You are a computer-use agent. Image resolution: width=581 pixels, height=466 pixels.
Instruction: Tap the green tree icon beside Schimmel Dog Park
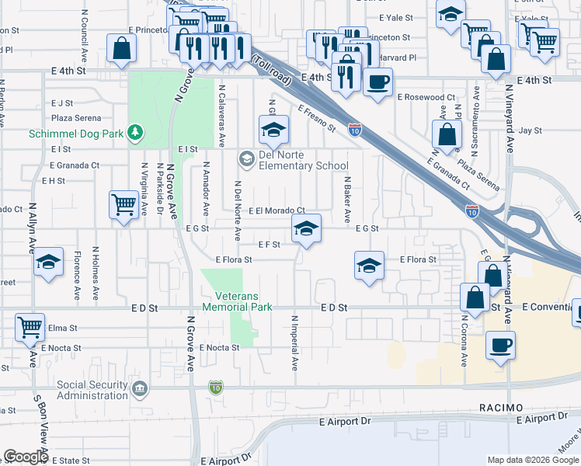click(x=136, y=133)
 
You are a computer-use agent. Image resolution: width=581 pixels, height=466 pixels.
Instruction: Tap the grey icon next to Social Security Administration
click(x=140, y=388)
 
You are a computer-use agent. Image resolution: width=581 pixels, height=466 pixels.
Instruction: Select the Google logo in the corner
click(x=25, y=457)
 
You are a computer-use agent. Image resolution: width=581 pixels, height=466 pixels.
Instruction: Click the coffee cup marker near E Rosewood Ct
click(x=377, y=82)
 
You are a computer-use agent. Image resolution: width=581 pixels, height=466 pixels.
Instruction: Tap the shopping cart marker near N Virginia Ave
click(x=123, y=205)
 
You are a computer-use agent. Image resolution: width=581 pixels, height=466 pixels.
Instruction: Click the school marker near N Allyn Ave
click(x=48, y=263)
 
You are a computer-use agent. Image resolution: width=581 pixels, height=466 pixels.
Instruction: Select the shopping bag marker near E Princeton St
click(x=122, y=48)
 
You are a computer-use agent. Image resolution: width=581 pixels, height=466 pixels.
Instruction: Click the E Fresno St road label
click(x=315, y=119)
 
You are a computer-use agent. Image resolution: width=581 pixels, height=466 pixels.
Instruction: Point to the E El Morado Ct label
click(x=276, y=210)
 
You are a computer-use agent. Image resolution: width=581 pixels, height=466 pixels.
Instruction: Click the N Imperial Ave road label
click(x=295, y=342)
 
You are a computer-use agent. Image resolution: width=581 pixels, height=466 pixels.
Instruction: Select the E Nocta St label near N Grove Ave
click(x=219, y=348)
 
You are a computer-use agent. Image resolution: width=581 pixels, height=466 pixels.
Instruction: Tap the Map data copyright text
click(x=533, y=460)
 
